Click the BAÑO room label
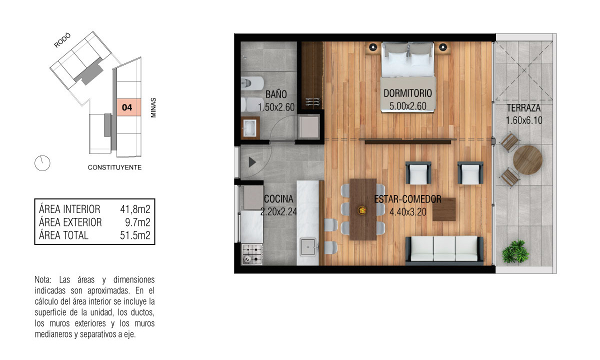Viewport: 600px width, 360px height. point(276,94)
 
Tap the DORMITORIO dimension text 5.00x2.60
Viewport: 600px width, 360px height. point(407,106)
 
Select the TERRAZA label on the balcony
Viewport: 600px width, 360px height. point(523,108)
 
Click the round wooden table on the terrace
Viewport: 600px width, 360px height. point(527,160)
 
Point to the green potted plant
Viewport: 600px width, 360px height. point(515,251)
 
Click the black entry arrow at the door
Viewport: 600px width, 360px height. point(252,162)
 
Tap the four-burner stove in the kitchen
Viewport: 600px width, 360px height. point(252,254)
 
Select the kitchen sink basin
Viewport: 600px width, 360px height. point(308,247)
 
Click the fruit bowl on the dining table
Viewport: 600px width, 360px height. point(362,210)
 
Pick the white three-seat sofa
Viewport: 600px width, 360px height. point(444,249)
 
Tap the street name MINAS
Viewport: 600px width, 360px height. point(153,107)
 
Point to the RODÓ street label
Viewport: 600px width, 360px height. point(62,40)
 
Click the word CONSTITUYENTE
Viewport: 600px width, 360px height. point(114,167)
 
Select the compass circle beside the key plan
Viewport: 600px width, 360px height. point(42,163)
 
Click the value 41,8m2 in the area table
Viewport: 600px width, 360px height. point(135,209)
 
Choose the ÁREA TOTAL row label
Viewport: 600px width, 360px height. point(63,235)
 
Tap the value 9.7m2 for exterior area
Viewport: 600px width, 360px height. point(137,222)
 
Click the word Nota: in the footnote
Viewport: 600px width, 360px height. point(43,279)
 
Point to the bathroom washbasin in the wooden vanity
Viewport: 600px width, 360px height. point(250,128)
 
